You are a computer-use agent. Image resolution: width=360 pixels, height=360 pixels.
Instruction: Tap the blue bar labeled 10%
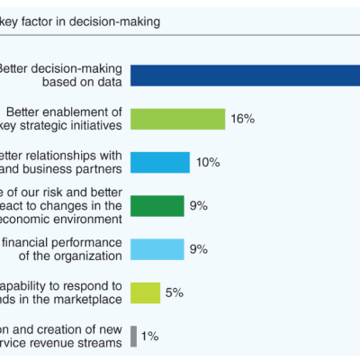[x=160, y=162]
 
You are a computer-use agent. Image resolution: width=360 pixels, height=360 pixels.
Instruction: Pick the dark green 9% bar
[x=157, y=205]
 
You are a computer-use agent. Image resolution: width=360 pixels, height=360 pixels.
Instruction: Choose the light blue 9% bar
[x=157, y=248]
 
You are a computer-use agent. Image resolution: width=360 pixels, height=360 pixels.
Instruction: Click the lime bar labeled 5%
[x=145, y=292]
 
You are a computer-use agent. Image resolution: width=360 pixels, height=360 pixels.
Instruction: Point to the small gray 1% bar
[x=134, y=336]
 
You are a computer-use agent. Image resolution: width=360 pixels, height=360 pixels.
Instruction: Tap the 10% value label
[x=209, y=162]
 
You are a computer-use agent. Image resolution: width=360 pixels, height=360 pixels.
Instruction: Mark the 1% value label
[x=149, y=336]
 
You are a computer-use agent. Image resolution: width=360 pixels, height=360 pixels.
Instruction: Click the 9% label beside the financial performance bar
[x=198, y=248]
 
